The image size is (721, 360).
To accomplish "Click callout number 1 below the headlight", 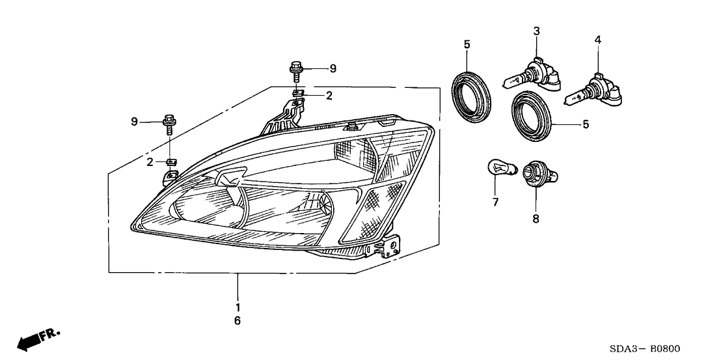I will [x=238, y=307].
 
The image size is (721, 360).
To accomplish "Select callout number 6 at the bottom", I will [x=238, y=320].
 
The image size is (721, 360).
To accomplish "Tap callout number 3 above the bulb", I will [x=536, y=31].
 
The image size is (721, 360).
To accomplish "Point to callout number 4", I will [x=597, y=40].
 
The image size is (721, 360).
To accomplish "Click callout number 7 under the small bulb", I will [x=495, y=202].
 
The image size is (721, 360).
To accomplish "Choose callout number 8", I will [x=536, y=219].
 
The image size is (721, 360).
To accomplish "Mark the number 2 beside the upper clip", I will [x=329, y=96].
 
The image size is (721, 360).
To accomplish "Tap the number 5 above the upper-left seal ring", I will [x=467, y=44].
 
